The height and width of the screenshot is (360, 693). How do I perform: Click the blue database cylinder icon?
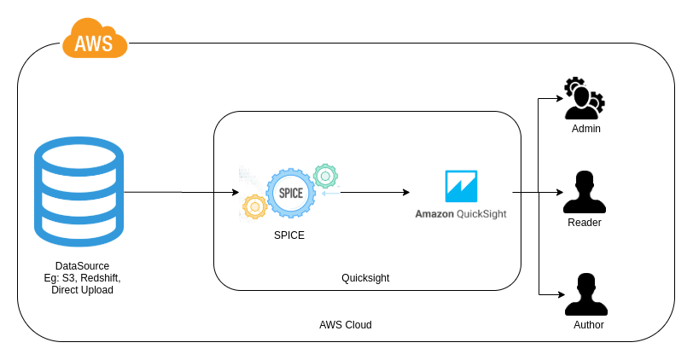[x=79, y=193]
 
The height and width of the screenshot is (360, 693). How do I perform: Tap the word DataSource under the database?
[x=82, y=266]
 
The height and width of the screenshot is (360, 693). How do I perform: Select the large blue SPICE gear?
[x=290, y=193]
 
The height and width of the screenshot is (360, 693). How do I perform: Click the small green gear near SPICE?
[x=324, y=176]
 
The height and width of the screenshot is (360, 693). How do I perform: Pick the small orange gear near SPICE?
[x=253, y=206]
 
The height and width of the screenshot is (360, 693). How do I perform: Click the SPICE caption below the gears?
[x=289, y=235]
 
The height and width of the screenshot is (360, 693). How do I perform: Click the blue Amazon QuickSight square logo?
[x=461, y=186]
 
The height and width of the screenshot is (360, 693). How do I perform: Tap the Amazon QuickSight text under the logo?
[x=461, y=214]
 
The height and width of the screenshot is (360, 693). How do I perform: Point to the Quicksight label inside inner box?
[x=365, y=278]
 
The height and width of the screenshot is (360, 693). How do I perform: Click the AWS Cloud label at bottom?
[x=346, y=325]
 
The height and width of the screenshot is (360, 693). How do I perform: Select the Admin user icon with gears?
[x=584, y=100]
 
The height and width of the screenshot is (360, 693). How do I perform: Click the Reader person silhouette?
[x=585, y=193]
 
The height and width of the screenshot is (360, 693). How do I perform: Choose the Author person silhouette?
[x=585, y=294]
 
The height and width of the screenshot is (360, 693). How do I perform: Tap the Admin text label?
[x=586, y=129]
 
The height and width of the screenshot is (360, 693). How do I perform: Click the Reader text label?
[x=585, y=223]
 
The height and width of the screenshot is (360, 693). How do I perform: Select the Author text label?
[x=588, y=325]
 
